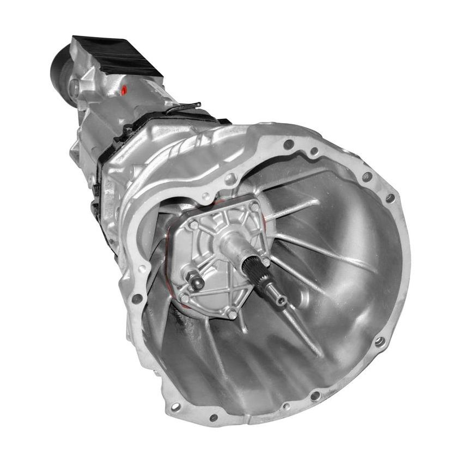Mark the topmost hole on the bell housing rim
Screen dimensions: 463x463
tap(289, 144)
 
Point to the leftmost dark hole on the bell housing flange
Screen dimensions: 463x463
tap(137, 298)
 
